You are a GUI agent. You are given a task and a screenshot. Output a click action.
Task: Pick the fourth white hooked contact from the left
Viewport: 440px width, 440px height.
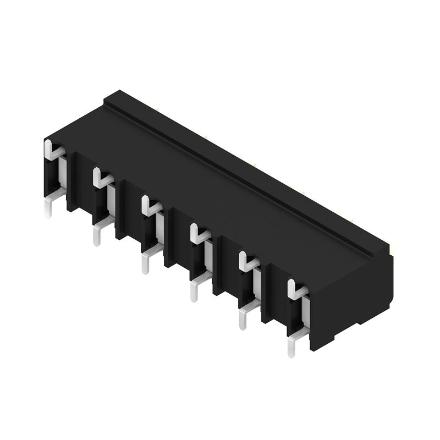[x=197, y=234]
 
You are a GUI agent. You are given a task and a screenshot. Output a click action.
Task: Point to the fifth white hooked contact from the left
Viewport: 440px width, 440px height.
[x=246, y=262]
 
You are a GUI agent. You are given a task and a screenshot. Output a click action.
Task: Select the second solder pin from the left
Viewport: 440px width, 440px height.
[x=97, y=235]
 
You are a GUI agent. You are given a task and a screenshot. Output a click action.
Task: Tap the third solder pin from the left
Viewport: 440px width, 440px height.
[x=146, y=263]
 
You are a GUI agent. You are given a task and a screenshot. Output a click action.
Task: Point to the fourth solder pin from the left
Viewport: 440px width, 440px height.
[x=194, y=291]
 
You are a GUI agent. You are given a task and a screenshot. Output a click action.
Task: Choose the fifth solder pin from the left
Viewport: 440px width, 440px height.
[x=243, y=319]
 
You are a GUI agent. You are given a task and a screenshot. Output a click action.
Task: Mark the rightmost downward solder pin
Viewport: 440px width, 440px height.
[x=290, y=346]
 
